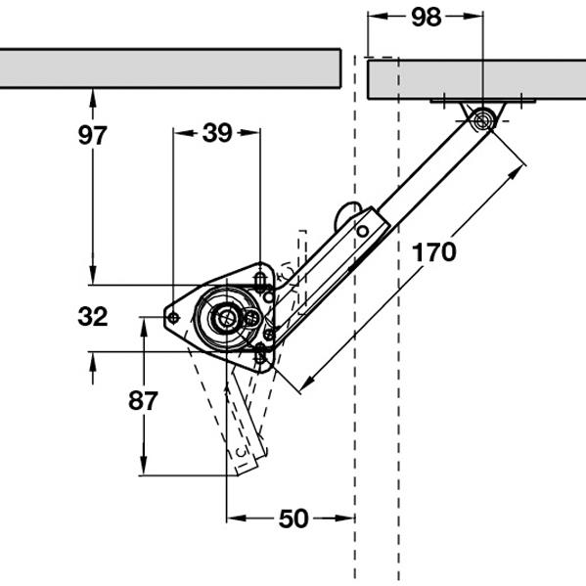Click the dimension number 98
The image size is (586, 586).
pyautogui.click(x=426, y=18)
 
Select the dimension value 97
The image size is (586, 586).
pyautogui.click(x=92, y=135)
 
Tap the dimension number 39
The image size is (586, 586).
pyautogui.click(x=217, y=133)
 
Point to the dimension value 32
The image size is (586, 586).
pyautogui.click(x=93, y=317)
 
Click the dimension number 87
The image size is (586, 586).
pyautogui.click(x=143, y=401)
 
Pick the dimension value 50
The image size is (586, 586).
pyautogui.click(x=293, y=518)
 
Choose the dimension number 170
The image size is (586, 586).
pyautogui.click(x=434, y=252)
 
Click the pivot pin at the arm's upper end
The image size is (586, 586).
pyautogui.click(x=482, y=120)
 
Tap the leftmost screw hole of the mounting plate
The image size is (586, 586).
pyautogui.click(x=173, y=318)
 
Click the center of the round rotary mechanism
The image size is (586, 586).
pyautogui.click(x=225, y=318)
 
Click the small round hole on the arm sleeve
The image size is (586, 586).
pyautogui.click(x=362, y=231)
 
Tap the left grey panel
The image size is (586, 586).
pyautogui.click(x=170, y=68)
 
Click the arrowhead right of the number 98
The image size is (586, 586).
pyautogui.click(x=473, y=16)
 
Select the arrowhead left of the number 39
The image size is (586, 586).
pyautogui.click(x=183, y=133)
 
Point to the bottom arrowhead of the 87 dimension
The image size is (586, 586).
pyautogui.click(x=144, y=466)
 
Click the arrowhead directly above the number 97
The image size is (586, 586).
pyautogui.click(x=93, y=98)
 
